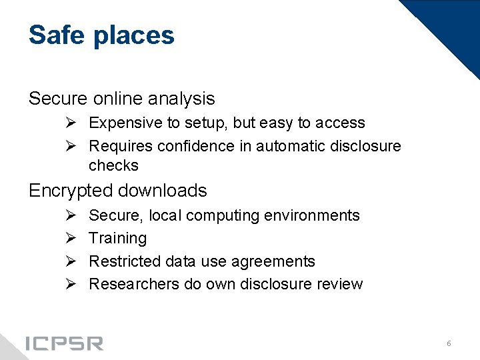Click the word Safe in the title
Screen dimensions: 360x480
58,35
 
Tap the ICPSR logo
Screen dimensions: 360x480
64,343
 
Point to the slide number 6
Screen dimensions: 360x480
449,343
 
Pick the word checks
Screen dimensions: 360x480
113,165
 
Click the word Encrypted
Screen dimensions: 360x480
70,191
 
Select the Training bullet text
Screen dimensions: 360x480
117,238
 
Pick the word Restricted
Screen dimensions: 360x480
123,261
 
